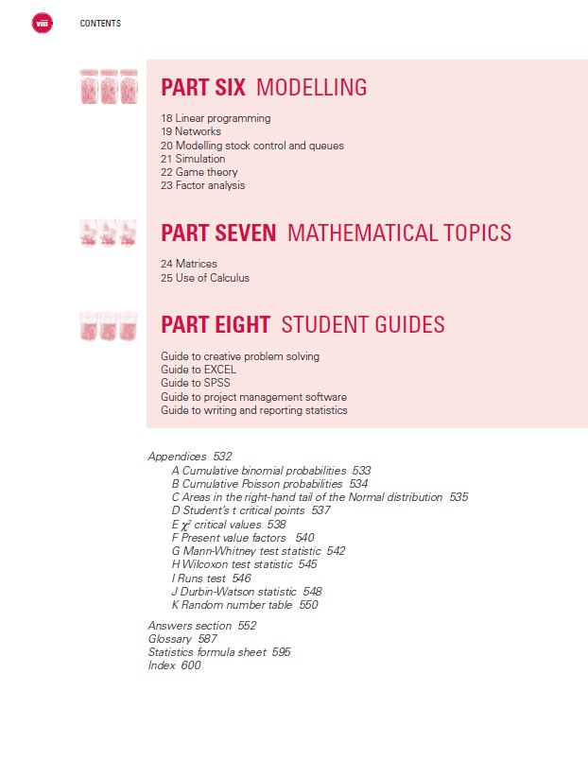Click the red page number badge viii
pos(43,23)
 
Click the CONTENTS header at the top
pos(100,24)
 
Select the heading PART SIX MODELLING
pos(264,88)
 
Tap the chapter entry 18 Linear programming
pos(216,119)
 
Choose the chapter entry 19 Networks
pos(191,132)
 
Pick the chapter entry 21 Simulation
pos(193,159)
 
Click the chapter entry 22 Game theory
pos(199,172)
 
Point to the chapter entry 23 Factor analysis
pos(202,185)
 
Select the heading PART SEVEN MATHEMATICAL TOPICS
pos(336,233)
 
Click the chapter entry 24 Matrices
pos(189,264)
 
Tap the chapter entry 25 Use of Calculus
pos(205,278)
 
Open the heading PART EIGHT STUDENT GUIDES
pos(303,325)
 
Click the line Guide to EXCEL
pos(198,370)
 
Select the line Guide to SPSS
pos(196,383)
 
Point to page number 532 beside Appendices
pos(222,457)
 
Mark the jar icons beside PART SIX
pos(110,86)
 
